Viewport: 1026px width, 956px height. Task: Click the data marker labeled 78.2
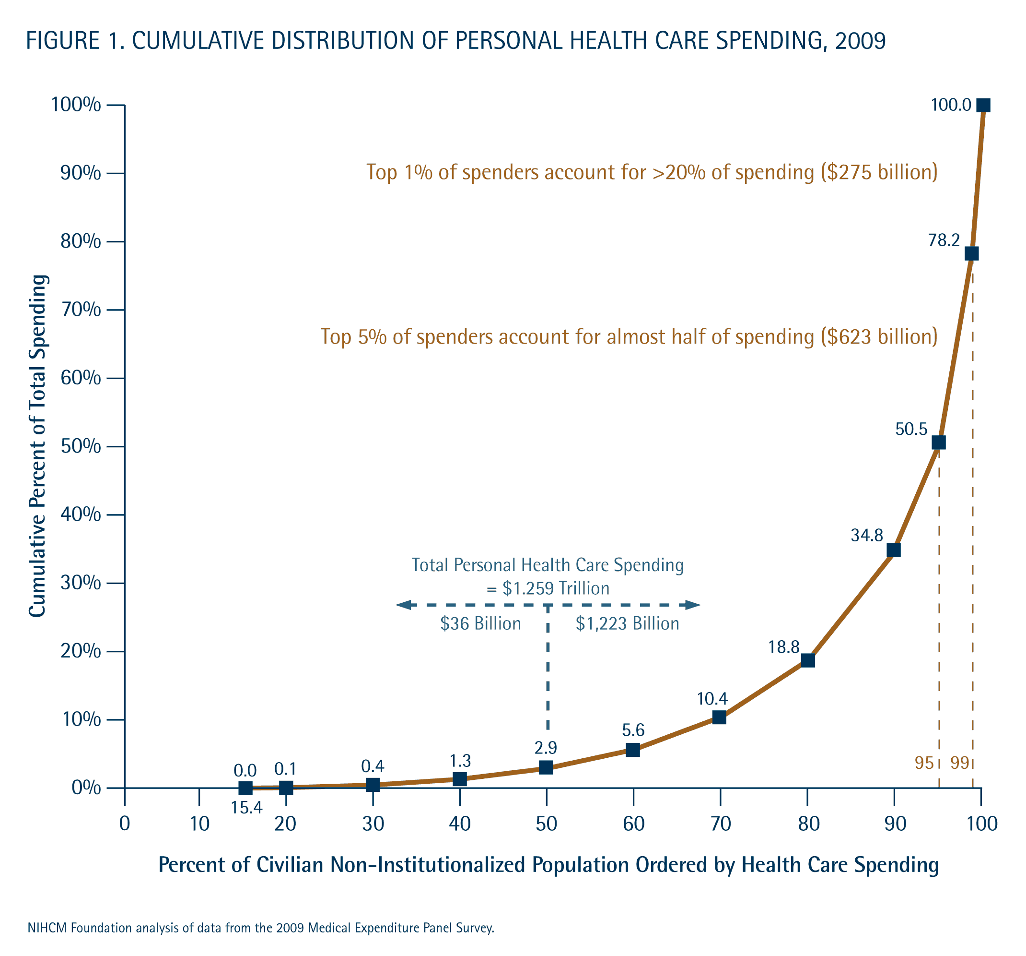tap(971, 253)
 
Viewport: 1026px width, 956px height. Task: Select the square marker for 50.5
tap(939, 442)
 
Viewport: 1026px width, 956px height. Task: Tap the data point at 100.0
tap(983, 106)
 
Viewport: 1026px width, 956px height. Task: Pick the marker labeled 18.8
tap(808, 660)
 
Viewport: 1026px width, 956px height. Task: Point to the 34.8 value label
tap(866, 536)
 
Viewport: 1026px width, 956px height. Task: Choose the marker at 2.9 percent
tap(546, 767)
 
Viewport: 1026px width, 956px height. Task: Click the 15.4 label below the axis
tap(247, 808)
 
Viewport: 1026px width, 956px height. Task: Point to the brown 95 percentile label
tap(924, 763)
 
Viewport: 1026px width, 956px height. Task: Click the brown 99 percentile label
tap(959, 763)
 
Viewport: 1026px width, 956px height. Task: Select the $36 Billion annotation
tap(480, 624)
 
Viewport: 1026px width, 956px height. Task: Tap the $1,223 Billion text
tap(627, 624)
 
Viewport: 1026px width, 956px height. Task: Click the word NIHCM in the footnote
tap(47, 928)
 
